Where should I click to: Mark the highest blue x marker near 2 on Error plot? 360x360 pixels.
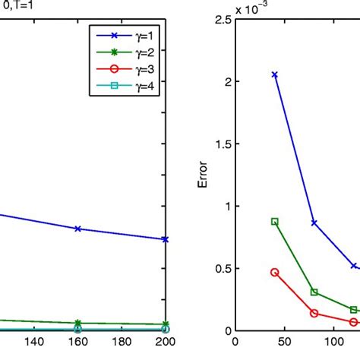coord(274,74)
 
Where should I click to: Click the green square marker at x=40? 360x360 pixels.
coord(274,222)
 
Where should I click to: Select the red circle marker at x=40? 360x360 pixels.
coord(274,272)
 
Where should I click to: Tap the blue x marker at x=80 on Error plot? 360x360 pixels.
coord(314,223)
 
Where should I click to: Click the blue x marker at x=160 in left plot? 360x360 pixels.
coord(78,229)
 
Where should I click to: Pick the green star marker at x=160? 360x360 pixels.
coord(78,323)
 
